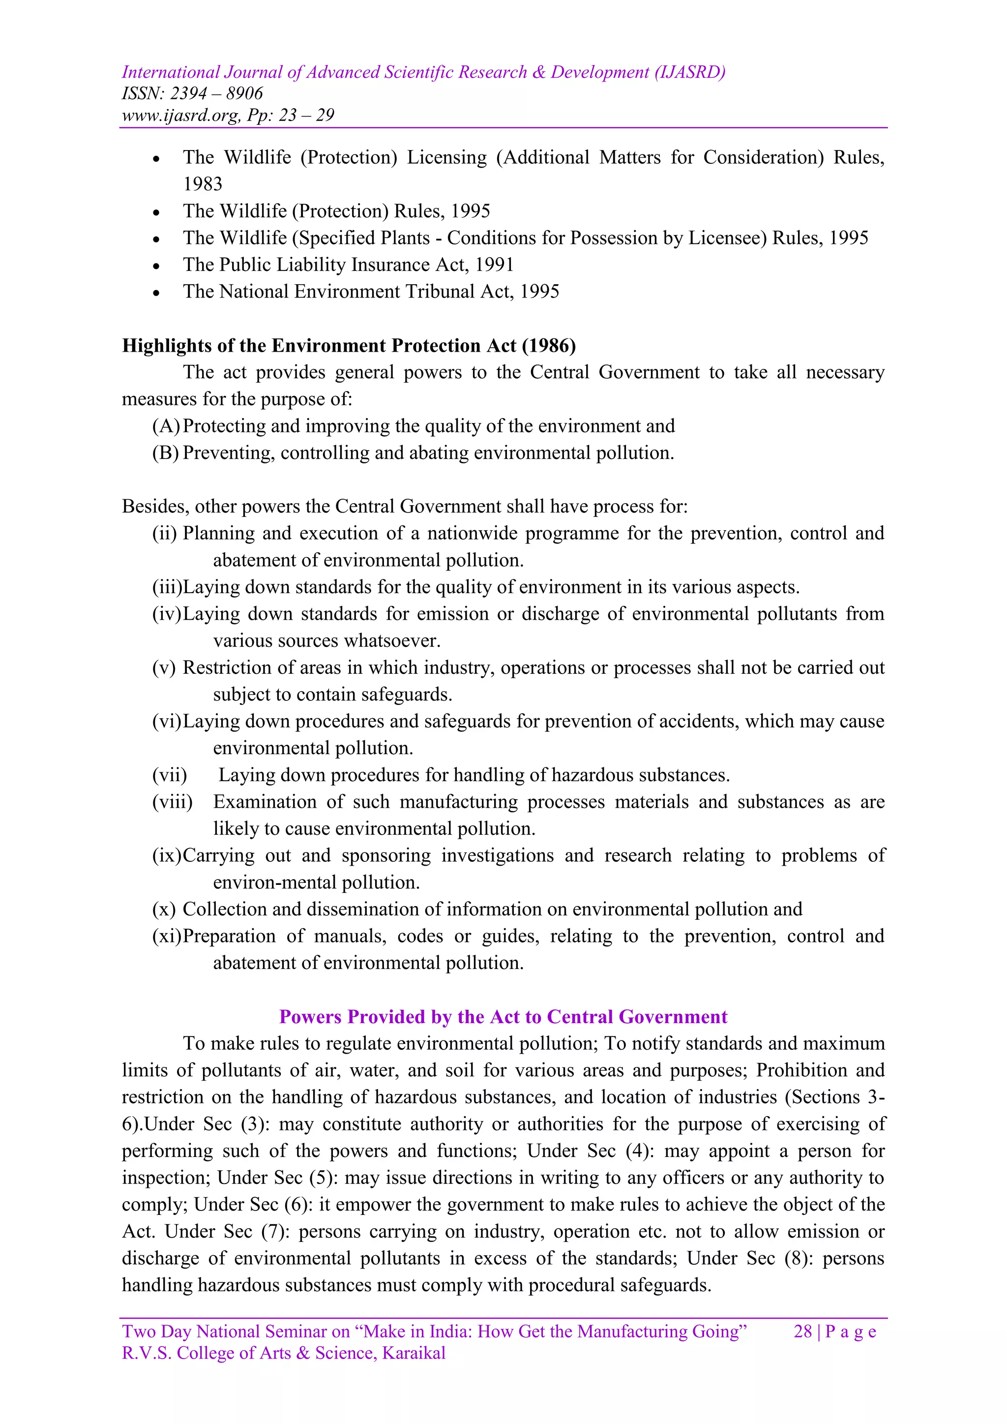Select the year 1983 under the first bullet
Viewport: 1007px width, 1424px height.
203,184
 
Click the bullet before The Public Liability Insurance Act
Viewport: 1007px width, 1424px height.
156,266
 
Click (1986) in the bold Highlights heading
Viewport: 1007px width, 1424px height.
549,345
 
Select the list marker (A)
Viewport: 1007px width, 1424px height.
166,426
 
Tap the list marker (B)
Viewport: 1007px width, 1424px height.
166,453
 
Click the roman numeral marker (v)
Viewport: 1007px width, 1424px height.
164,668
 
